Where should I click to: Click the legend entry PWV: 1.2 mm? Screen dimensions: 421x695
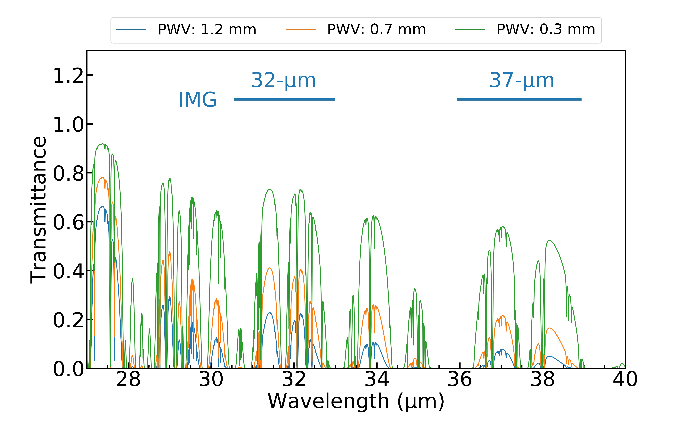click(x=207, y=30)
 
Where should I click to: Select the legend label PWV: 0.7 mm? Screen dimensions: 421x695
click(x=376, y=30)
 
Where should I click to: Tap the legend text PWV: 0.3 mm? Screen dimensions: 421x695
click(x=546, y=30)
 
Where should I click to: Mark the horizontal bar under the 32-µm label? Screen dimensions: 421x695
click(x=284, y=99)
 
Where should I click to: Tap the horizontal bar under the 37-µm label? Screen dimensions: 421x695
click(x=519, y=99)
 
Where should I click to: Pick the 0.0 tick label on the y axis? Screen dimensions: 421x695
click(x=69, y=369)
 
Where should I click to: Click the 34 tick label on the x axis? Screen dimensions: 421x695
click(x=377, y=380)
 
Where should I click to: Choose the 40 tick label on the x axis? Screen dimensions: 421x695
click(x=625, y=380)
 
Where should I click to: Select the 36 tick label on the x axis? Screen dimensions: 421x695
click(x=460, y=380)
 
